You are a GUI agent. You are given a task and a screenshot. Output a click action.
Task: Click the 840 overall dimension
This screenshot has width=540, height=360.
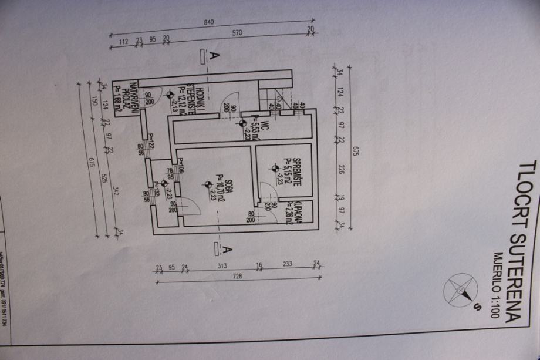209,22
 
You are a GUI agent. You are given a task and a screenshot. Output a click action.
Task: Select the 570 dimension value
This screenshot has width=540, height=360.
237,33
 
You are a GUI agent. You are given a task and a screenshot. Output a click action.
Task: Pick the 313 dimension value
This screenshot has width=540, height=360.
221,265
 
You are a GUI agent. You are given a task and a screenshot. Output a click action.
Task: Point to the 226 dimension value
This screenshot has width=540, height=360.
343,171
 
